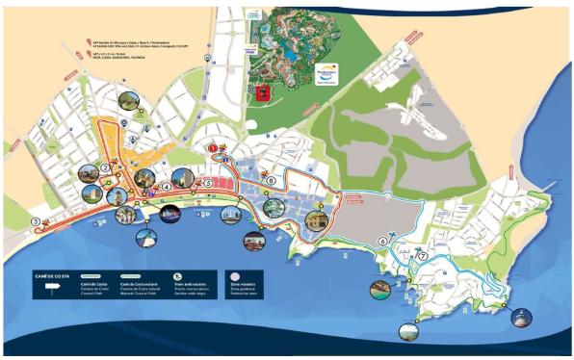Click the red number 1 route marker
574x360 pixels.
(214, 149)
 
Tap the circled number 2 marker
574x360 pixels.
(103, 168)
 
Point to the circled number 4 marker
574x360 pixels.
(167, 186)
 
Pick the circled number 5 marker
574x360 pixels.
(208, 182)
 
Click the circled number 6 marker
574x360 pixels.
(382, 241)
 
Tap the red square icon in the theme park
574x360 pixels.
(261, 93)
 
